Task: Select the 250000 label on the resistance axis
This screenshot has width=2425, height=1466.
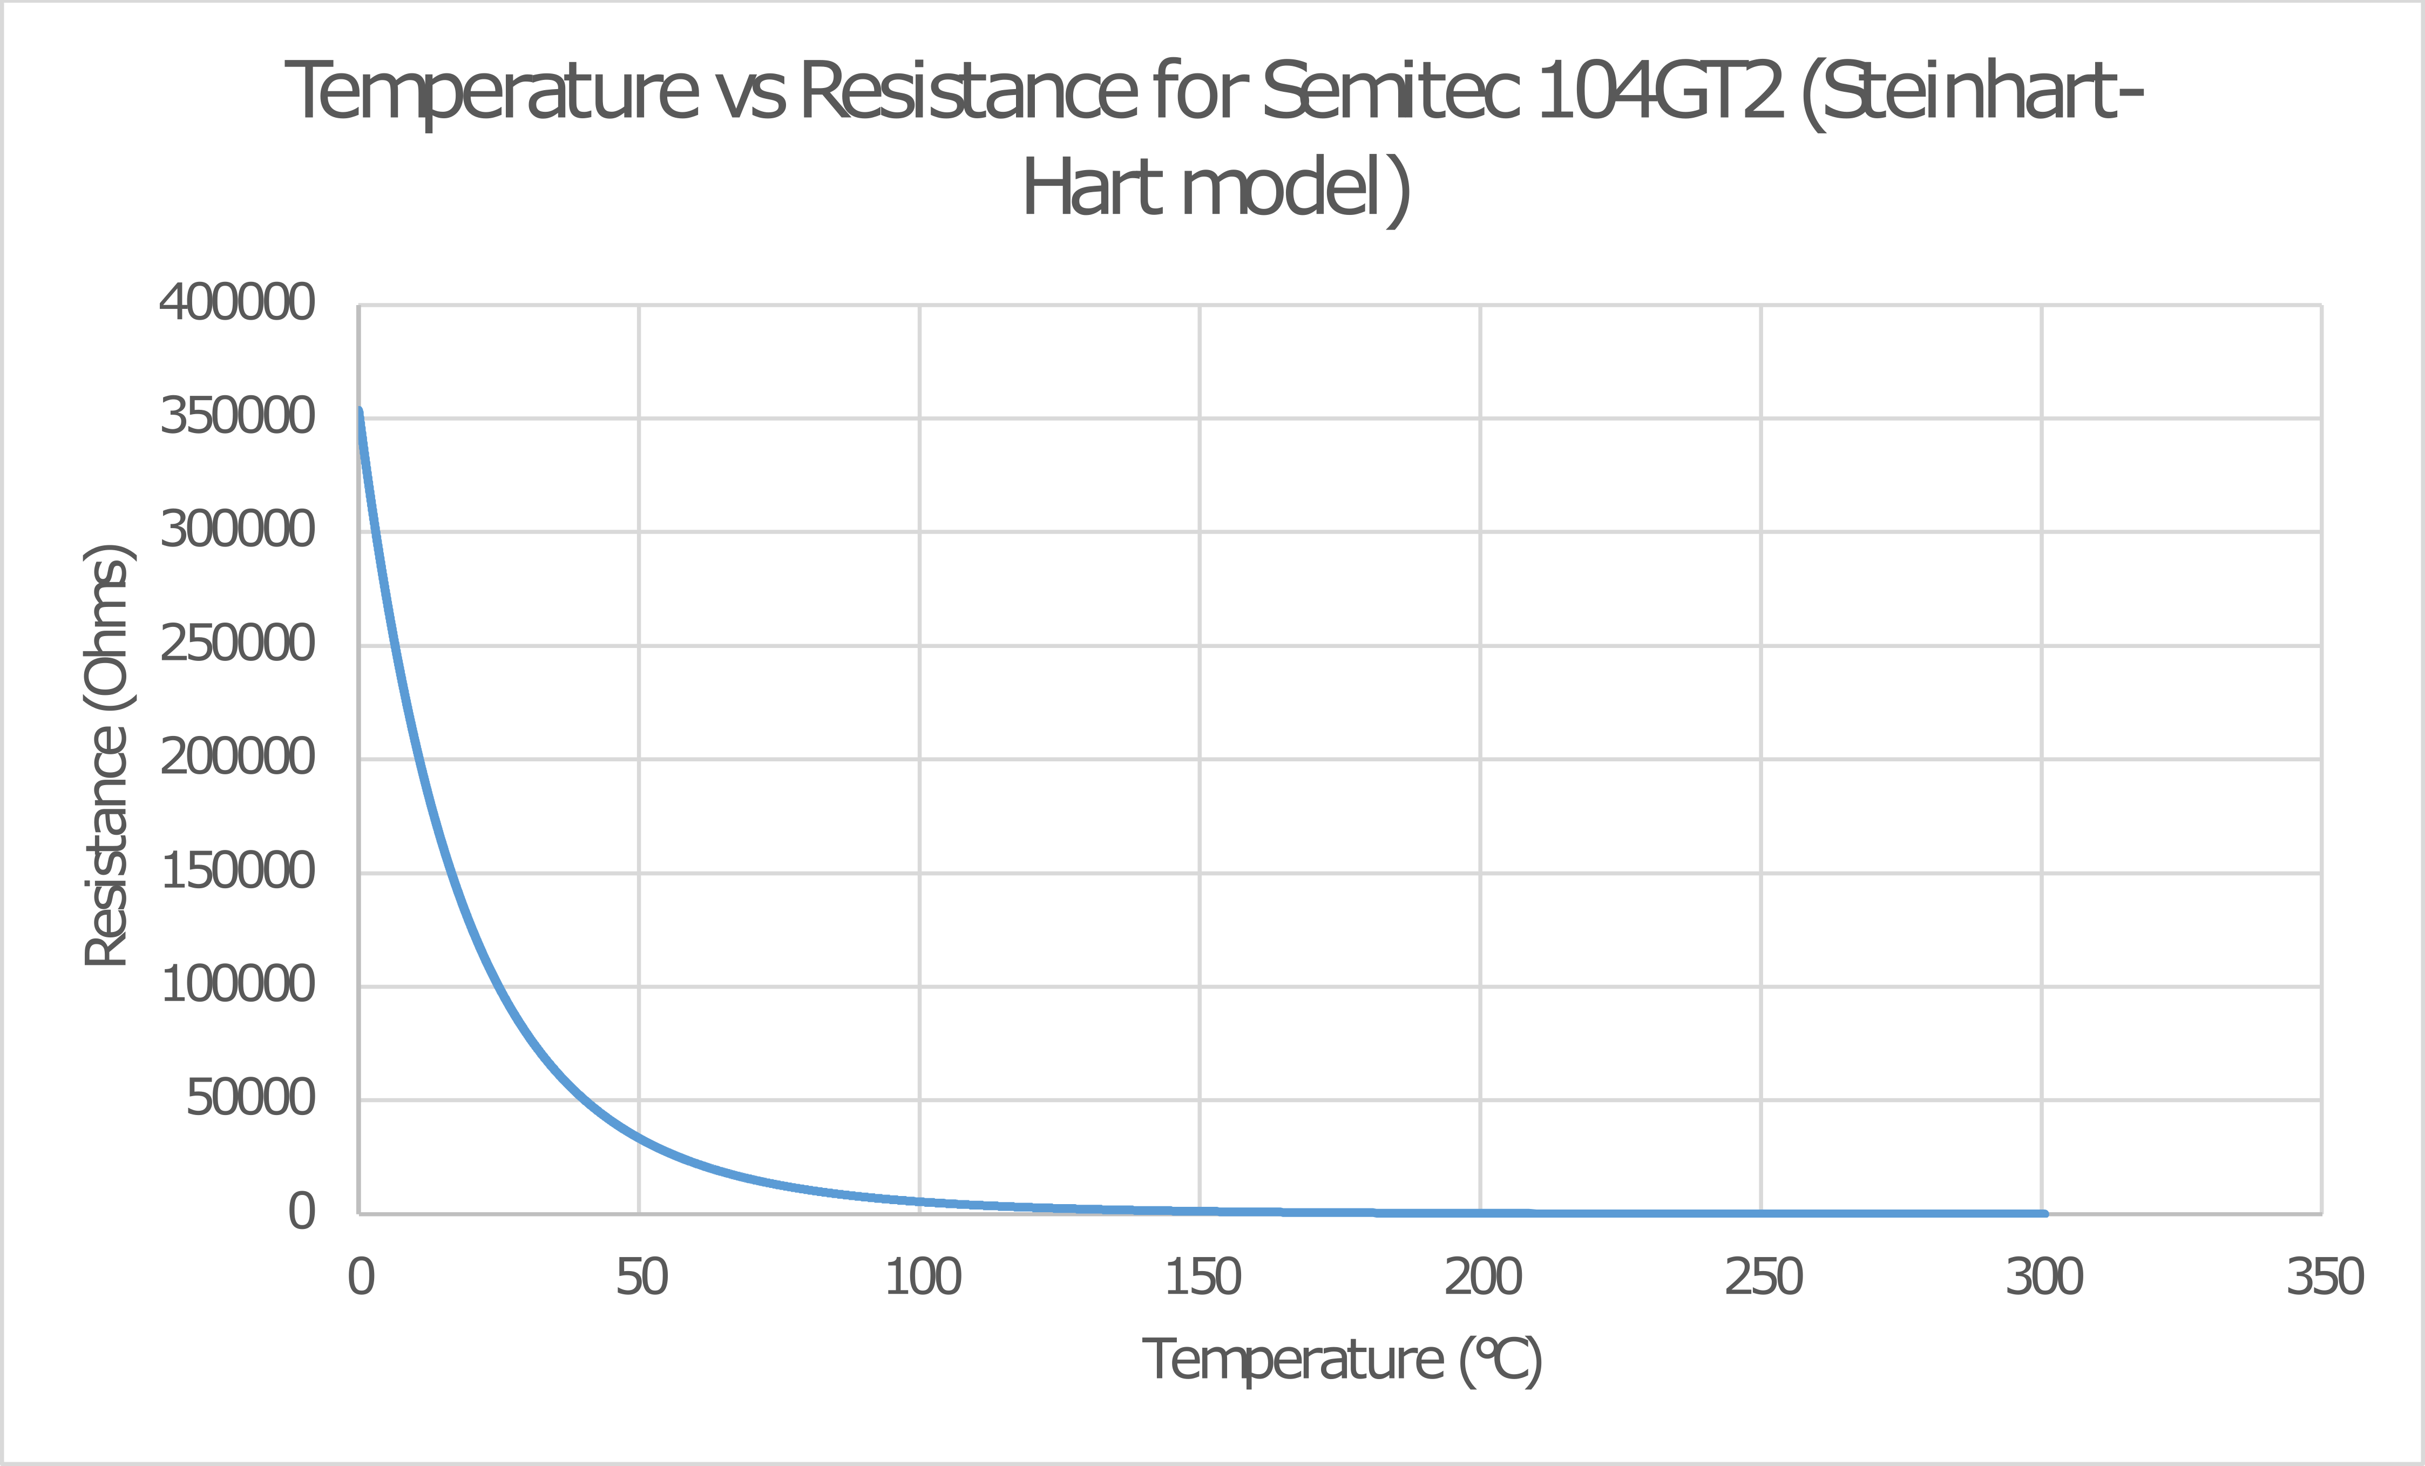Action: point(237,645)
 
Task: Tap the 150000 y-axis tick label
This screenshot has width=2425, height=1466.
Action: point(237,872)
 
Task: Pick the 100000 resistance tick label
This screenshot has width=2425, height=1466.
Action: point(237,984)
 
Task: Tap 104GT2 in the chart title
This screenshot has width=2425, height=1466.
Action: point(1659,91)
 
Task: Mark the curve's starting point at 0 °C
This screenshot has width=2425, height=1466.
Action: point(360,410)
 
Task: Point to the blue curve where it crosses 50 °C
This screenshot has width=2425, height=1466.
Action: point(639,1138)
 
